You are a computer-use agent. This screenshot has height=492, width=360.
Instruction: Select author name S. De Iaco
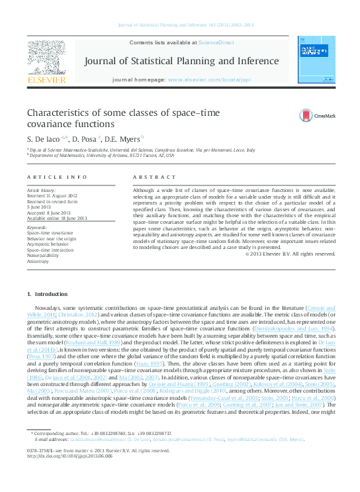45,140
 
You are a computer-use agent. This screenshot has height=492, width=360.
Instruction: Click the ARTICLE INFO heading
57,177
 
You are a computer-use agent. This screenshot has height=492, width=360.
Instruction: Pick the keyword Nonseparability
44,252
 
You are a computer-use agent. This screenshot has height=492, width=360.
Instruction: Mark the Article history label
41,189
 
